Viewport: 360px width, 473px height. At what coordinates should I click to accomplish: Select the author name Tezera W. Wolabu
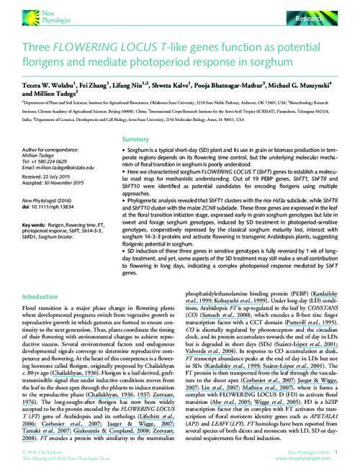click(44, 86)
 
